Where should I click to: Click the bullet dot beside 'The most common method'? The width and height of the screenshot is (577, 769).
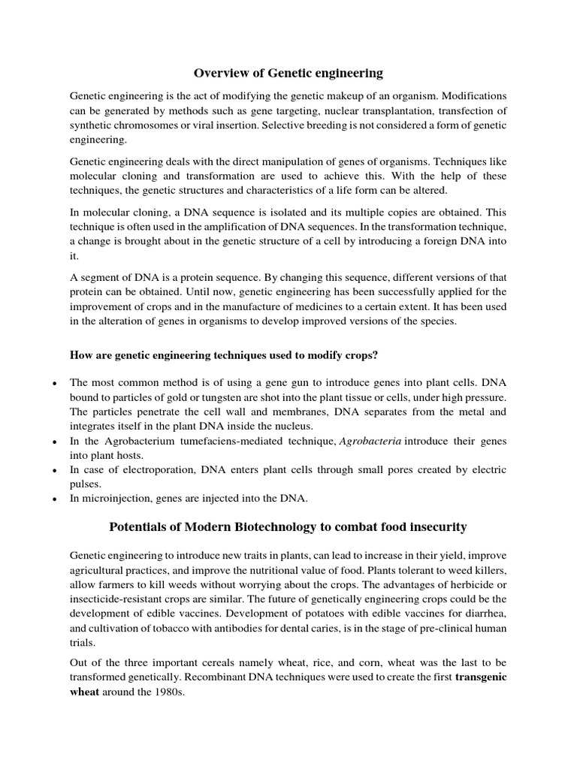tap(53, 384)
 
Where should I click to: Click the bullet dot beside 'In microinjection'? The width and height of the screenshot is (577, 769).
tap(53, 499)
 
